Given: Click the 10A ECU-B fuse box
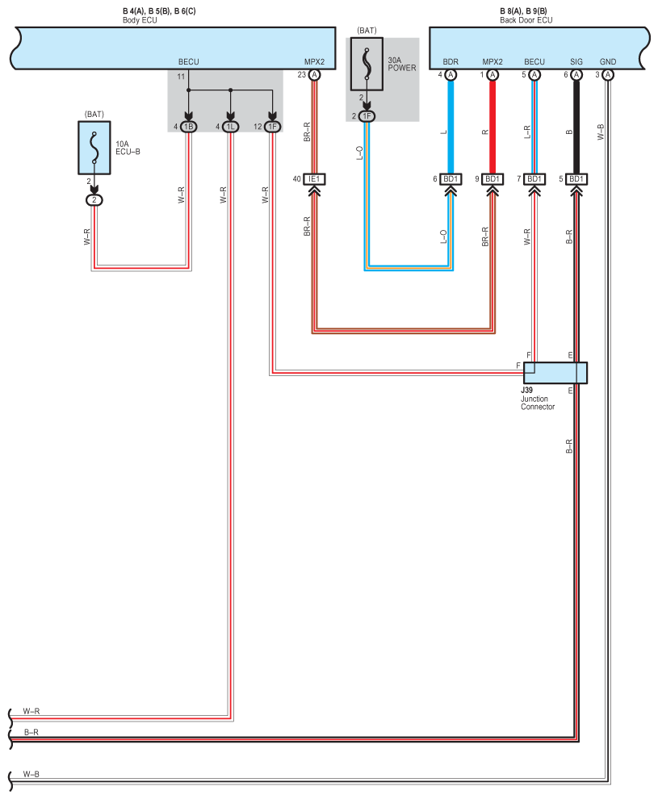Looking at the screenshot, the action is (x=94, y=148).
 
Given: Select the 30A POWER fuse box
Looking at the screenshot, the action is (x=367, y=64).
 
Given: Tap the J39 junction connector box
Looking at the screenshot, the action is (x=555, y=373).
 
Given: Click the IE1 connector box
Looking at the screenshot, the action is (x=314, y=179).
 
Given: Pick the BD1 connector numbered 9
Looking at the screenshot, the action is (x=492, y=179).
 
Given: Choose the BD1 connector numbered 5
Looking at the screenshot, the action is (x=576, y=179).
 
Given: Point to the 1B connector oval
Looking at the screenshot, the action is (x=189, y=127).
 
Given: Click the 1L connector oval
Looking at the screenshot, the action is (x=230, y=127).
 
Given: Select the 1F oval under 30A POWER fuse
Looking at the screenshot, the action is (x=367, y=116).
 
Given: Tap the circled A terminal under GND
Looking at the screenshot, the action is (x=607, y=75).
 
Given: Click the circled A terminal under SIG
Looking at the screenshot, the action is (x=576, y=75).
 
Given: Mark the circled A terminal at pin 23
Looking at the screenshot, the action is (x=315, y=75).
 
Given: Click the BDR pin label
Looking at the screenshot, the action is (x=451, y=61).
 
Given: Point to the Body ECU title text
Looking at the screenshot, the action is (x=140, y=20).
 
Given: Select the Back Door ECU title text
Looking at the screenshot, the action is (x=526, y=20).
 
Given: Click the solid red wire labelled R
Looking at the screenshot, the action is (x=492, y=127).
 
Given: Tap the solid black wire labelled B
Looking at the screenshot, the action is (x=576, y=127).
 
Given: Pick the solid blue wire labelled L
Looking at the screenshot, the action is (x=451, y=127).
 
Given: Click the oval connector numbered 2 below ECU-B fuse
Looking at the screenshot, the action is (x=94, y=200).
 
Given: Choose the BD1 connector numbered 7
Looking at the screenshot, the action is (x=534, y=179).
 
